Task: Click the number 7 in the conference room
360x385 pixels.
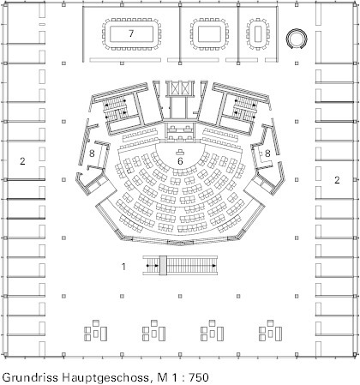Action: click(x=131, y=33)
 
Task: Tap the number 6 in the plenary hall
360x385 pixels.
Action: click(x=180, y=161)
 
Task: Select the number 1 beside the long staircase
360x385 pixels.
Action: click(x=123, y=267)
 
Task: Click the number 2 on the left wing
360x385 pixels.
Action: click(x=22, y=161)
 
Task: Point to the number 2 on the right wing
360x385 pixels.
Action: click(x=337, y=180)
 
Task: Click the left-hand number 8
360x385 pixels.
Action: click(x=92, y=153)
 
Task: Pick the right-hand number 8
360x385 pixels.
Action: click(x=267, y=153)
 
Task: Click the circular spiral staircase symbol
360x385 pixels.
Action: click(x=297, y=39)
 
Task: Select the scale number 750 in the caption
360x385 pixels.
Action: click(x=198, y=377)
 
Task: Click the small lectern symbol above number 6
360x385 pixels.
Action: click(x=180, y=153)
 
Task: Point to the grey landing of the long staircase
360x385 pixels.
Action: click(x=163, y=266)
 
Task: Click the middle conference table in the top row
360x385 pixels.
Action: click(x=209, y=34)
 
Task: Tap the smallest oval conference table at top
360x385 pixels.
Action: click(x=258, y=33)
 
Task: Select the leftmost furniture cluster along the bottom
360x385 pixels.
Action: click(x=96, y=331)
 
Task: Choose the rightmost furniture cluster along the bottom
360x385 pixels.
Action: click(x=270, y=331)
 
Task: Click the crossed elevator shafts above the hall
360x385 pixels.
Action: click(x=180, y=88)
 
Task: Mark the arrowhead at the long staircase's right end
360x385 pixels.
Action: click(x=214, y=266)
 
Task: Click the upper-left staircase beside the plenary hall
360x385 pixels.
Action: click(x=115, y=110)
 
